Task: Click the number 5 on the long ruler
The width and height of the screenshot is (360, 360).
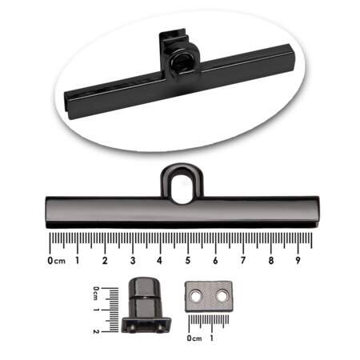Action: (188, 260)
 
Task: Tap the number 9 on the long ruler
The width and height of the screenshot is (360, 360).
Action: (298, 260)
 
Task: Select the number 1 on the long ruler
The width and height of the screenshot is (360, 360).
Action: (78, 260)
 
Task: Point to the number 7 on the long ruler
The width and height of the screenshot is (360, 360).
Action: (243, 260)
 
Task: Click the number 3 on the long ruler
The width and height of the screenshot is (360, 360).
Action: (133, 260)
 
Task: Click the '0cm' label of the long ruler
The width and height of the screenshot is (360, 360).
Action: (56, 261)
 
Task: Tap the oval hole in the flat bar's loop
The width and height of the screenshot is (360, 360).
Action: (182, 189)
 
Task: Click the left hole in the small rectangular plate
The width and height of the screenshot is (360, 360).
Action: (195, 295)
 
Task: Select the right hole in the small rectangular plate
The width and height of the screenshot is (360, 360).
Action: (222, 295)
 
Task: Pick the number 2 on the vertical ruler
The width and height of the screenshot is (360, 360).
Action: (96, 331)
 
